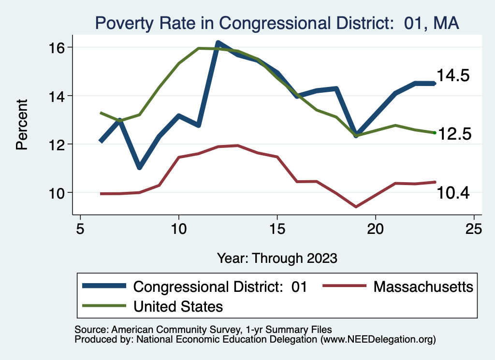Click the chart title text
277,22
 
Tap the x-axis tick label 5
80,229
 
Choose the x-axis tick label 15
277,229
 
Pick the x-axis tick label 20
376,229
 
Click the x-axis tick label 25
474,229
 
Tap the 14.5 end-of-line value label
453,76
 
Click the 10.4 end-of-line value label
453,193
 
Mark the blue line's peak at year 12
218,43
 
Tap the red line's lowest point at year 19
356,207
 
